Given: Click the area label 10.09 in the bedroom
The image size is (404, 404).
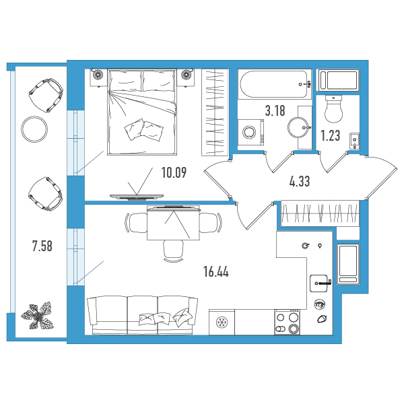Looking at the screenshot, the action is click(174, 172).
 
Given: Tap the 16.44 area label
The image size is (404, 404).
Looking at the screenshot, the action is click(216, 271).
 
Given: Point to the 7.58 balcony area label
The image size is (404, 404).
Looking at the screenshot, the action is click(42, 246).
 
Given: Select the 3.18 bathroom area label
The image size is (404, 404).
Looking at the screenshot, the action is click(275, 111).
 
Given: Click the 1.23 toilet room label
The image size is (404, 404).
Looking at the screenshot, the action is click(331, 135).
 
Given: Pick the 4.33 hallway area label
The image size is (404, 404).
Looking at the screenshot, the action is click(300, 181).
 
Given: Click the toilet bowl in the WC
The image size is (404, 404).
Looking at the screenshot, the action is click(334, 109).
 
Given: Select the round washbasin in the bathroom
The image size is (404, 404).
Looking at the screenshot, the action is click(299, 127).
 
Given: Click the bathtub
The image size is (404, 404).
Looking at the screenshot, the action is click(275, 84).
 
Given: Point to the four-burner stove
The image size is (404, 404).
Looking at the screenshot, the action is click(288, 323).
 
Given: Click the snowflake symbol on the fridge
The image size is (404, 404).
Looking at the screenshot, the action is click(222, 323).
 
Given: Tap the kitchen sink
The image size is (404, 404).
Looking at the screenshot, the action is click(319, 283).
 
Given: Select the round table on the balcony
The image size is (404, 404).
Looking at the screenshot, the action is click(34, 129).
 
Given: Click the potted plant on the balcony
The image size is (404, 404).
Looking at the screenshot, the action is click(38, 316).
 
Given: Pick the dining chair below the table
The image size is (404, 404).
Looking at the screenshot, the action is click(174, 251).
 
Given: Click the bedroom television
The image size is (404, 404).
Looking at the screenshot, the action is click(137, 197).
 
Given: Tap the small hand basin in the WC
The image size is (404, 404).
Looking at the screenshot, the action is click(355, 141).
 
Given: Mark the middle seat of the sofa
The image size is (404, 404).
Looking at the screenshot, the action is click(143, 315).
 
